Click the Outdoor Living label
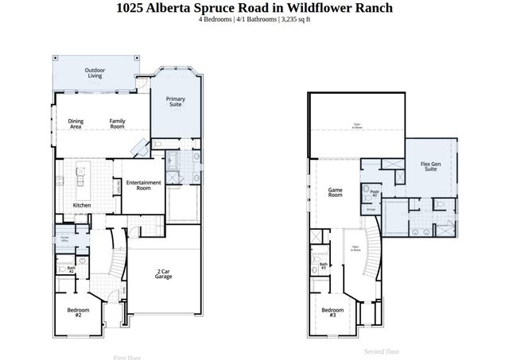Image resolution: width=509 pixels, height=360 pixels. click(x=95, y=73)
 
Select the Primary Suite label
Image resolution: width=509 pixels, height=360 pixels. click(x=175, y=101)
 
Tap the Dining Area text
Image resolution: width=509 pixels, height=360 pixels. click(x=76, y=123)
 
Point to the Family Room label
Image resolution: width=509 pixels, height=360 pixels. click(x=117, y=123)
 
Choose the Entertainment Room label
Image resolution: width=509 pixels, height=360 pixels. click(x=143, y=185)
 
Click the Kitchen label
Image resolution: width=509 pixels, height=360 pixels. click(x=82, y=205)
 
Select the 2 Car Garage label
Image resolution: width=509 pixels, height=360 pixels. click(x=165, y=274)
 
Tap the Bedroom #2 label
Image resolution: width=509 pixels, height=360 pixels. click(x=77, y=312)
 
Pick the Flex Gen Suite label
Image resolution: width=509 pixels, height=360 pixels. click(x=431, y=166)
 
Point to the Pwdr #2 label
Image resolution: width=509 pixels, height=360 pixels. click(x=375, y=193)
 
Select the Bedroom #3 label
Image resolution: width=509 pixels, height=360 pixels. click(x=332, y=312)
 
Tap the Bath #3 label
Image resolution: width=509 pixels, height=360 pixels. click(x=324, y=266)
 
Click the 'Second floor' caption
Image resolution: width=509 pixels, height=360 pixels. click(x=382, y=350)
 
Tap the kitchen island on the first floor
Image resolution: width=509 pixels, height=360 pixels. click(x=80, y=181)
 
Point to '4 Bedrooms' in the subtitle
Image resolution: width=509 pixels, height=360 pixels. click(x=216, y=18)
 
